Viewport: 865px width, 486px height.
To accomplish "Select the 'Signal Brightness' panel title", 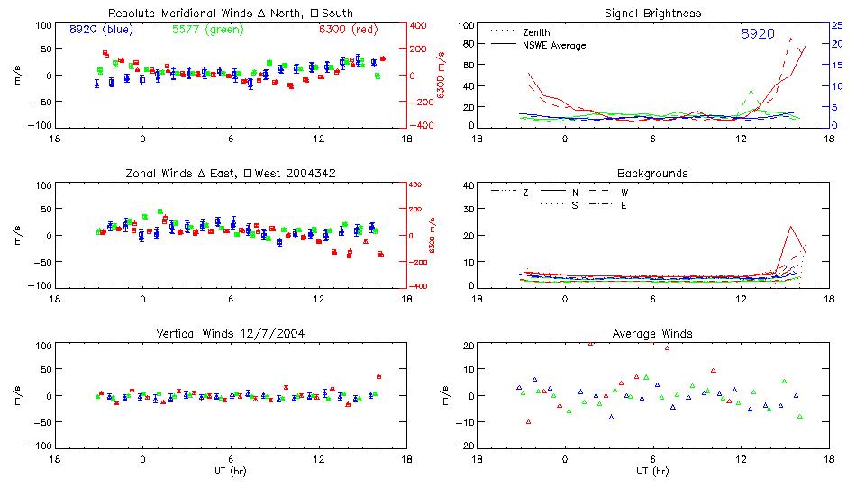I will tap(652, 13).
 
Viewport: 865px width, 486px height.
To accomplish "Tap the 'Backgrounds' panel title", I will tap(652, 173).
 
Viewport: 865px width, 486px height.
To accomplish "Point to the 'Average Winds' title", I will tap(652, 334).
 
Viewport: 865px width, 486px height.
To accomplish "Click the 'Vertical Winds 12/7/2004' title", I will tap(231, 334).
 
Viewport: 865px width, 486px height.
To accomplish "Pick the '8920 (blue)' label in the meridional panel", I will tap(101, 30).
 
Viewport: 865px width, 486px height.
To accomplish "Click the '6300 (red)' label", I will tap(347, 30).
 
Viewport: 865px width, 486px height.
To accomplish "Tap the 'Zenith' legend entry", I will tap(536, 32).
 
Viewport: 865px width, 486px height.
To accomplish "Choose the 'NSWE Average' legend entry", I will tap(554, 45).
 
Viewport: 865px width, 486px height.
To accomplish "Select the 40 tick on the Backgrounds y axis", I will tap(468, 186).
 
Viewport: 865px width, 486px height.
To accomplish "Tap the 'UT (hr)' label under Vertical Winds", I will tap(231, 471).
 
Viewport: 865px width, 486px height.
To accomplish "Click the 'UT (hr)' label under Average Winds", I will tap(652, 471).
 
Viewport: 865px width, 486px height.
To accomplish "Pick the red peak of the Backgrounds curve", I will tap(790, 226).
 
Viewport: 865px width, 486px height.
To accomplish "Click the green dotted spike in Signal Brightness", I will tap(750, 91).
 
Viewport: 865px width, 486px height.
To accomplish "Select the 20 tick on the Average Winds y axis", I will tap(468, 346).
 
